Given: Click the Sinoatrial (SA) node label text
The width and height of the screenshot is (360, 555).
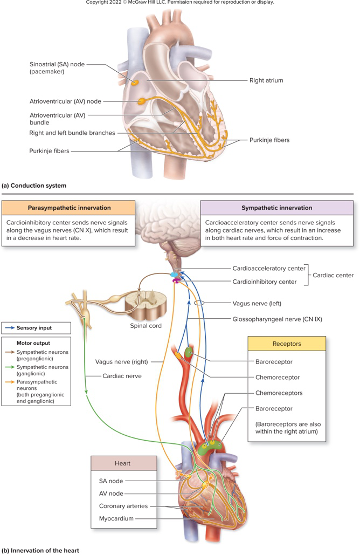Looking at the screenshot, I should (x=57, y=67).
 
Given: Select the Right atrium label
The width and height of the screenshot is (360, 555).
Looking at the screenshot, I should (x=266, y=80).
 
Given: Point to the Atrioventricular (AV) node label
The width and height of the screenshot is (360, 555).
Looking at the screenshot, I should (x=65, y=101).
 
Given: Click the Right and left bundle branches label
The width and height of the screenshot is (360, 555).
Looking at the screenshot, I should (x=72, y=133).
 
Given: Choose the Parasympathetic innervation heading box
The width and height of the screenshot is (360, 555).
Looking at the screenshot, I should (x=69, y=208).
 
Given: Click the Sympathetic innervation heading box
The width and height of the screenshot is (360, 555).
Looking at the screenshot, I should (x=277, y=208).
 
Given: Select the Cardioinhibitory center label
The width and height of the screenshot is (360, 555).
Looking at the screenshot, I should (x=264, y=282).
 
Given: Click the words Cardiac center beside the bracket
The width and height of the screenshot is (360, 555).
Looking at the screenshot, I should (x=334, y=275).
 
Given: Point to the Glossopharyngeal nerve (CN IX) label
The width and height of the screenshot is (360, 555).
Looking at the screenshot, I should (x=277, y=319).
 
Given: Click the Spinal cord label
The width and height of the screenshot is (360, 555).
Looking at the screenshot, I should (x=146, y=326).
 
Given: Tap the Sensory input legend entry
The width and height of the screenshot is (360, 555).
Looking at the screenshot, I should (x=34, y=327).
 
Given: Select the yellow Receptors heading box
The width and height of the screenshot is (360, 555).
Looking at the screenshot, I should (x=286, y=344).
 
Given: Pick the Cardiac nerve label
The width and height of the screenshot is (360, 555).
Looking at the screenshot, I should (x=122, y=376).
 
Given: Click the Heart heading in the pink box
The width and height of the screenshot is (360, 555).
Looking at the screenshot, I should (x=123, y=463).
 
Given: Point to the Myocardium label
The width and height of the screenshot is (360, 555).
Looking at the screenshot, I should (x=116, y=519).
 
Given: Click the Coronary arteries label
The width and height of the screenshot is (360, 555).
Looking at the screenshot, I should (x=123, y=506).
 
